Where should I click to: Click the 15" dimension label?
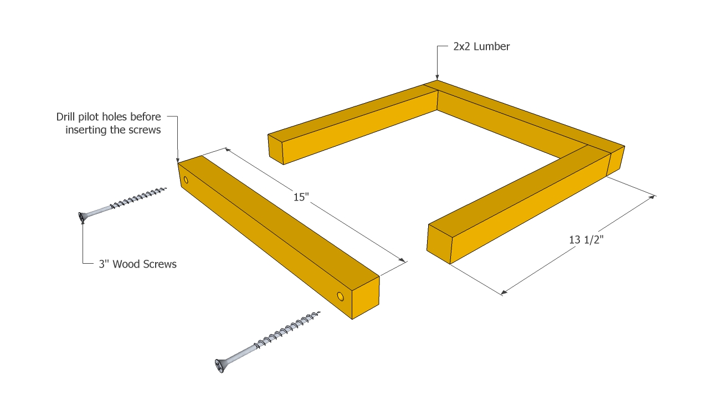tap(301, 197)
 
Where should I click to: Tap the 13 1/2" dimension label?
tap(586, 240)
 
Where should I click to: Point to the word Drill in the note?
tap(65, 117)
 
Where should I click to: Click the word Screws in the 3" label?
tap(161, 264)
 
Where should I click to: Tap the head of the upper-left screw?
tap(83, 217)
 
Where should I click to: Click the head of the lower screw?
tap(220, 366)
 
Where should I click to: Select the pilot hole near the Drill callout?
tap(186, 180)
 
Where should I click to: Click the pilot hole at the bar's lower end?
tap(340, 296)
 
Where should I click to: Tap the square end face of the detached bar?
tap(366, 298)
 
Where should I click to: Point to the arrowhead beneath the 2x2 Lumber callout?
tap(437, 77)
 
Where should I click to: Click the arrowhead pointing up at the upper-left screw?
tap(83, 221)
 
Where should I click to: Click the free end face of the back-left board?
tap(276, 149)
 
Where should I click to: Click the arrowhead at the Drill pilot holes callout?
tap(178, 160)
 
